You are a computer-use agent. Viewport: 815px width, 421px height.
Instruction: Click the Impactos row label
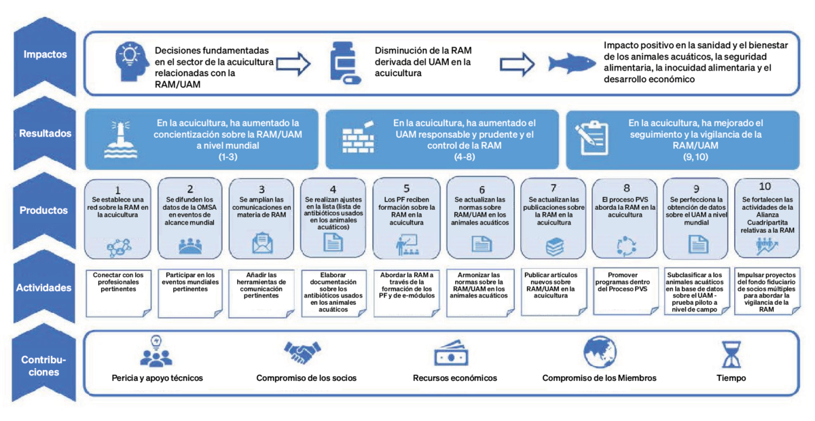[45, 54]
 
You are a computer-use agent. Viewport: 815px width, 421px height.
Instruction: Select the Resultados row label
[45, 134]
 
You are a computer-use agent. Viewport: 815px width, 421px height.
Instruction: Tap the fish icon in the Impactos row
[571, 64]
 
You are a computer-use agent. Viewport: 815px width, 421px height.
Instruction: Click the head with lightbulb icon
[132, 62]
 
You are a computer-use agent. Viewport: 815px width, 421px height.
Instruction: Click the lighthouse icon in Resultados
[121, 140]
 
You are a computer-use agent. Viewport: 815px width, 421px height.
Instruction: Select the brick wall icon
[359, 138]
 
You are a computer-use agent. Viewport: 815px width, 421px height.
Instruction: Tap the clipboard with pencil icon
[592, 138]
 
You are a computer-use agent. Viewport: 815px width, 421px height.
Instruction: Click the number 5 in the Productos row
[406, 188]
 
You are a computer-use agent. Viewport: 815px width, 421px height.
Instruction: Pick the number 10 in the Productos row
[765, 186]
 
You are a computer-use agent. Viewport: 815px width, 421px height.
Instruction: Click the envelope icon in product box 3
[262, 242]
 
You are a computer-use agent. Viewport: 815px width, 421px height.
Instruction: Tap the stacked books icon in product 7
[554, 246]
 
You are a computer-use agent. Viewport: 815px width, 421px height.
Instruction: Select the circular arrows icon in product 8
[626, 246]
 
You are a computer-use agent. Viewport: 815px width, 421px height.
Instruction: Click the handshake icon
[302, 352]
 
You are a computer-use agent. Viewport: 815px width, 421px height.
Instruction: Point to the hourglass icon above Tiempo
[731, 354]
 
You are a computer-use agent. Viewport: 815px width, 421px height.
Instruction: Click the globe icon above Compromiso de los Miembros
[600, 352]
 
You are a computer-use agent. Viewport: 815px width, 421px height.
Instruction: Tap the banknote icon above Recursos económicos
[451, 353]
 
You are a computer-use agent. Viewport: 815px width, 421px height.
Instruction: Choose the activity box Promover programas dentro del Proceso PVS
[625, 291]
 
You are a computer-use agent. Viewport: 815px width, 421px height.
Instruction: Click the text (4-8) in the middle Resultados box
[465, 157]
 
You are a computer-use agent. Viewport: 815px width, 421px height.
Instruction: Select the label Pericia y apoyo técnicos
[157, 378]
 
